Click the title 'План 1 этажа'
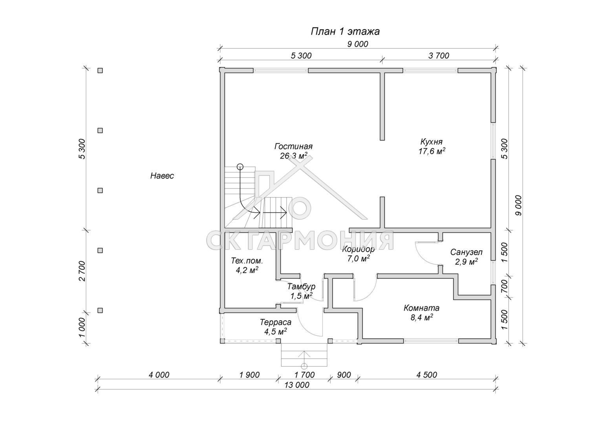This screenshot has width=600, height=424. (345, 31)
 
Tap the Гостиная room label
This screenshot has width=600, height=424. (293, 146)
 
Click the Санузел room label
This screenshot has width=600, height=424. (466, 252)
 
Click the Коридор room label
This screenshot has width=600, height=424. (358, 249)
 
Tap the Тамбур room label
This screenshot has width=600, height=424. (301, 287)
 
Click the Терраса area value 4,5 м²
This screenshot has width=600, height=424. (275, 332)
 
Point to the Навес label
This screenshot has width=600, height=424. (162, 176)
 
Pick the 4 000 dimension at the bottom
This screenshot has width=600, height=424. (159, 375)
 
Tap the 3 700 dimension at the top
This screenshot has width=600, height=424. (438, 56)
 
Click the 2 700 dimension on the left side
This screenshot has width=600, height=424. (82, 270)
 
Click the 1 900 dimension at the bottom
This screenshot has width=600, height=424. (249, 375)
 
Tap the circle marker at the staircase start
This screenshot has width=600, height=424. (240, 166)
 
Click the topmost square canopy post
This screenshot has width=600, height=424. (100, 70)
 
